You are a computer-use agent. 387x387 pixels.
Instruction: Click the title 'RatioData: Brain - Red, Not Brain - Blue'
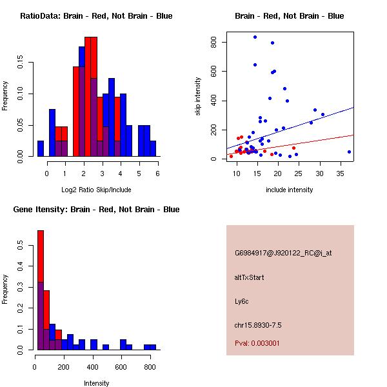coord(96,15)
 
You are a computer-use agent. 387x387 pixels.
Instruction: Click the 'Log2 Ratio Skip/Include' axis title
coord(96,190)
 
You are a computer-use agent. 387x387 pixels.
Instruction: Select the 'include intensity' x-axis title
coord(290,190)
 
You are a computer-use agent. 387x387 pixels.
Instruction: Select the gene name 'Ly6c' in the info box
coord(242,301)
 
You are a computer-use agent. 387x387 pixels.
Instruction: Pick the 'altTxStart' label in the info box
coord(249,277)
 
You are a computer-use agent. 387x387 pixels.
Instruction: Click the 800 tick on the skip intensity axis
coord(214,42)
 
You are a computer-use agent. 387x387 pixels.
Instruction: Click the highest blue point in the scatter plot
coord(255,37)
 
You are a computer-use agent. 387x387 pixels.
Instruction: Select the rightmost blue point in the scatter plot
coord(349,152)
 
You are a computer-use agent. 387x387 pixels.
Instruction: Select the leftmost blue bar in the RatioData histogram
coord(40,148)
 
